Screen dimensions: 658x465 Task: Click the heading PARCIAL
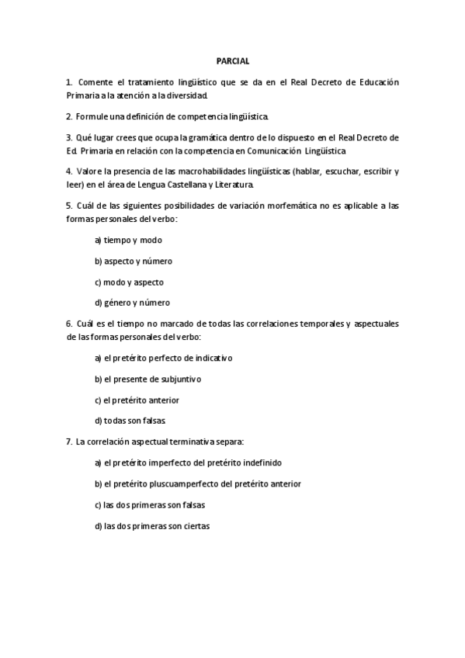[x=233, y=60]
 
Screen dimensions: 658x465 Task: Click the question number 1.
[x=69, y=81]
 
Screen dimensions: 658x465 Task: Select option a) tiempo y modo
[x=128, y=240]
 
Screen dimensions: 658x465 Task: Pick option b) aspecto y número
[x=134, y=261]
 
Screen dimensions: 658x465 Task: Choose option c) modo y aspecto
[x=129, y=282]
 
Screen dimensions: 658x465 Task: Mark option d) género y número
[x=132, y=303]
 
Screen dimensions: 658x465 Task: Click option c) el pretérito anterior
[x=137, y=400]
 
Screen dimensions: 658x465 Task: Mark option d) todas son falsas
[x=129, y=421]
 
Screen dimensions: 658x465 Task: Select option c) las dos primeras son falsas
[x=150, y=504]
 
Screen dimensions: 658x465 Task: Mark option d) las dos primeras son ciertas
[x=152, y=525]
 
